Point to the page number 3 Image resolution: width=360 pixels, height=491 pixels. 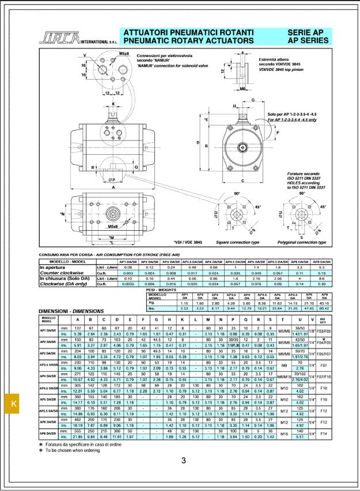coord(184,460)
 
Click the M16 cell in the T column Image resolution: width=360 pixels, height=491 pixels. coord(285,432)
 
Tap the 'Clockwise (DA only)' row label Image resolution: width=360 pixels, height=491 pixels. coord(62,283)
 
